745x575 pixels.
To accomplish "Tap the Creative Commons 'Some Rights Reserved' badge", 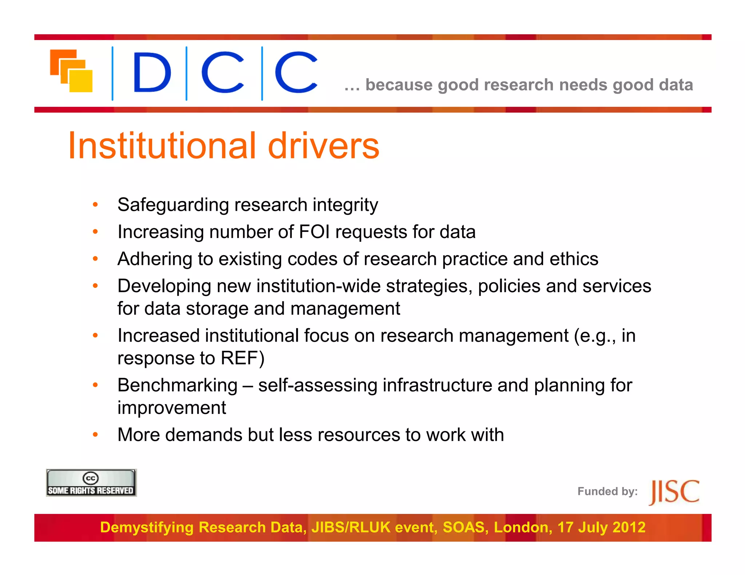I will [91, 483].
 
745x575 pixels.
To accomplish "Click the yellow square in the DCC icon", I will [81, 81].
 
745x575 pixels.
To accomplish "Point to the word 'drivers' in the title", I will [323, 146].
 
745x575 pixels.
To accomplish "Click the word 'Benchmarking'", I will [178, 385].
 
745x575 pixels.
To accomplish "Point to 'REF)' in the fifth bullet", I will [243, 358].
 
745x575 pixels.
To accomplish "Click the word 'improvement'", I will [172, 408].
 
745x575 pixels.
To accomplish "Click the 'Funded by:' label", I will [607, 491].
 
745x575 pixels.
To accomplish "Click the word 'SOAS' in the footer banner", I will [466, 527].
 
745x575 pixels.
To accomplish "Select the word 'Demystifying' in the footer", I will [147, 527].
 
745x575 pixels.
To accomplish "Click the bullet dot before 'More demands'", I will [95, 434].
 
